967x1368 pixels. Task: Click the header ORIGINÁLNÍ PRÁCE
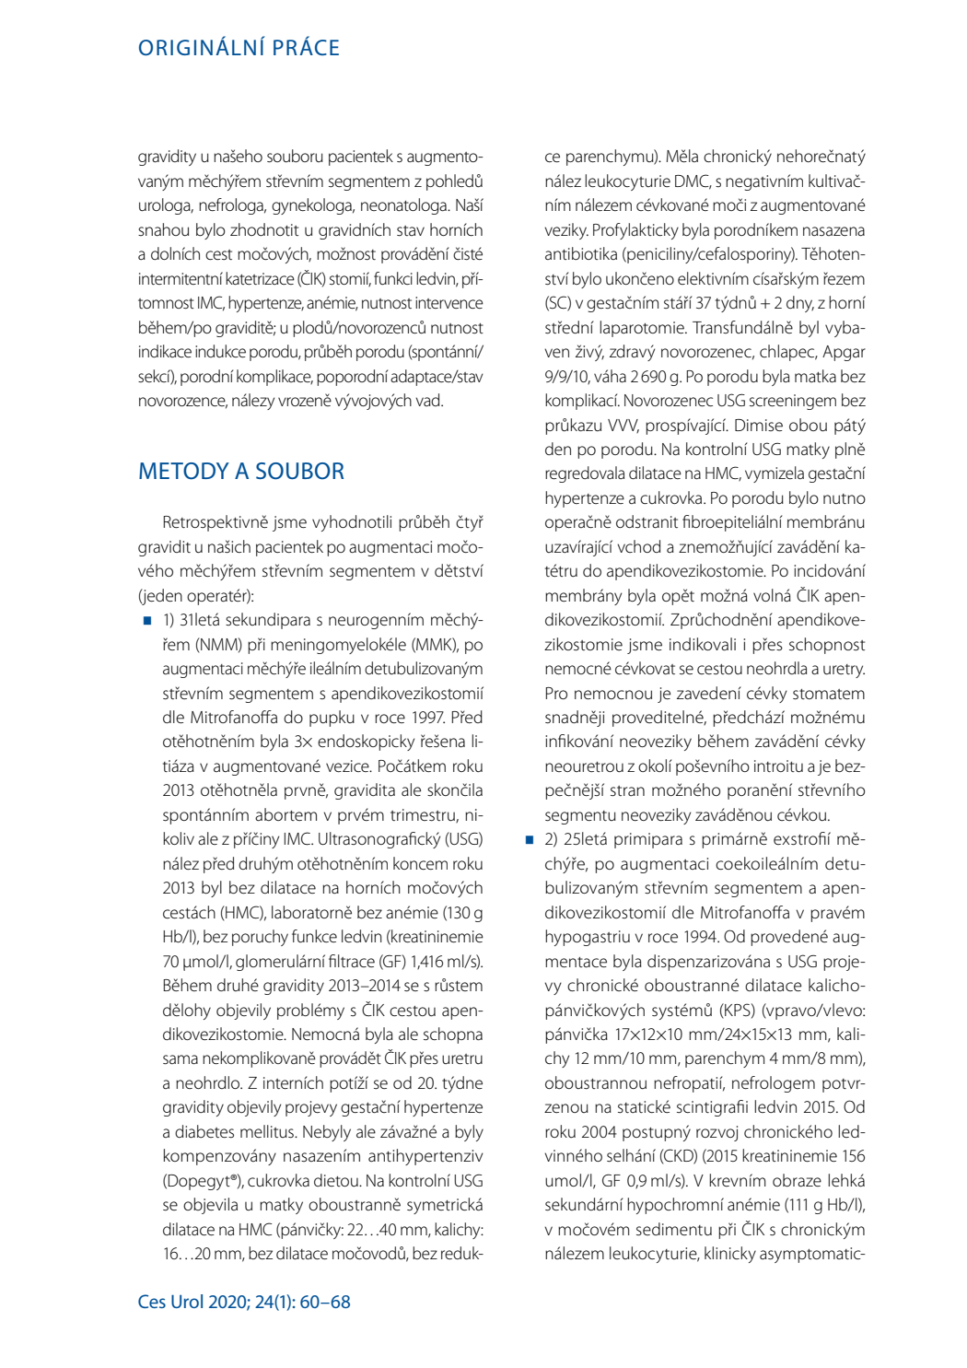(x=239, y=48)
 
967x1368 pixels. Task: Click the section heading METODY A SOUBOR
(x=241, y=471)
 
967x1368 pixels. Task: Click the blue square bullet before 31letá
(x=147, y=621)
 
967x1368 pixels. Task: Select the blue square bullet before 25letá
(x=530, y=840)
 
